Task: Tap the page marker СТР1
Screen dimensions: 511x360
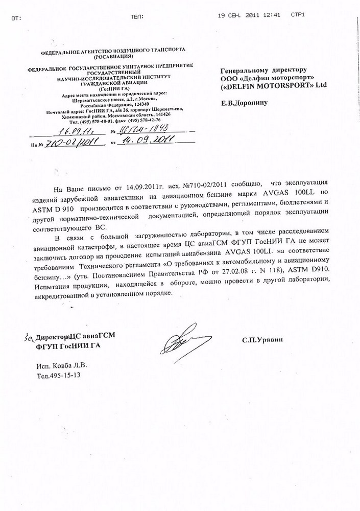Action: coord(297,15)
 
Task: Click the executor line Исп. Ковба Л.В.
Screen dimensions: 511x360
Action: coord(63,366)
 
